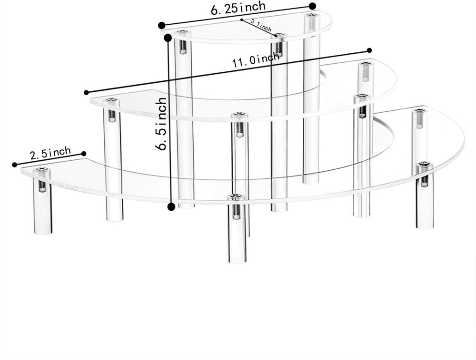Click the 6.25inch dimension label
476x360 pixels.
pyautogui.click(x=238, y=8)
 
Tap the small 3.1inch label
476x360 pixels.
pyautogui.click(x=260, y=26)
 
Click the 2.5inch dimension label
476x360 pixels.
pyautogui.click(x=50, y=154)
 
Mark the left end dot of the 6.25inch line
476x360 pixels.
pyautogui.click(x=162, y=25)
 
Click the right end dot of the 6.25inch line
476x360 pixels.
pyautogui.click(x=312, y=6)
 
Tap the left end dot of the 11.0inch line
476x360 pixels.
pyautogui.click(x=86, y=92)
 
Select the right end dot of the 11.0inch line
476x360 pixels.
pyautogui.click(x=369, y=50)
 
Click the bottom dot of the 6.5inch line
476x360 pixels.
pyautogui.click(x=171, y=206)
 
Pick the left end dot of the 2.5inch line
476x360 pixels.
pyautogui.click(x=14, y=165)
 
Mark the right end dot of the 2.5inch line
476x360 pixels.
pyautogui.click(x=84, y=153)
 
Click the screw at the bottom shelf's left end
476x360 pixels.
pyautogui.click(x=42, y=170)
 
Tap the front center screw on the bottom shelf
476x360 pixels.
pyautogui.click(x=236, y=196)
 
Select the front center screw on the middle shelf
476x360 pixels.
pyautogui.click(x=239, y=115)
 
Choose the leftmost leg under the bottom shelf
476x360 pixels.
pyautogui.click(x=42, y=209)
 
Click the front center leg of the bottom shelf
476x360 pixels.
pyautogui.click(x=237, y=238)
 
